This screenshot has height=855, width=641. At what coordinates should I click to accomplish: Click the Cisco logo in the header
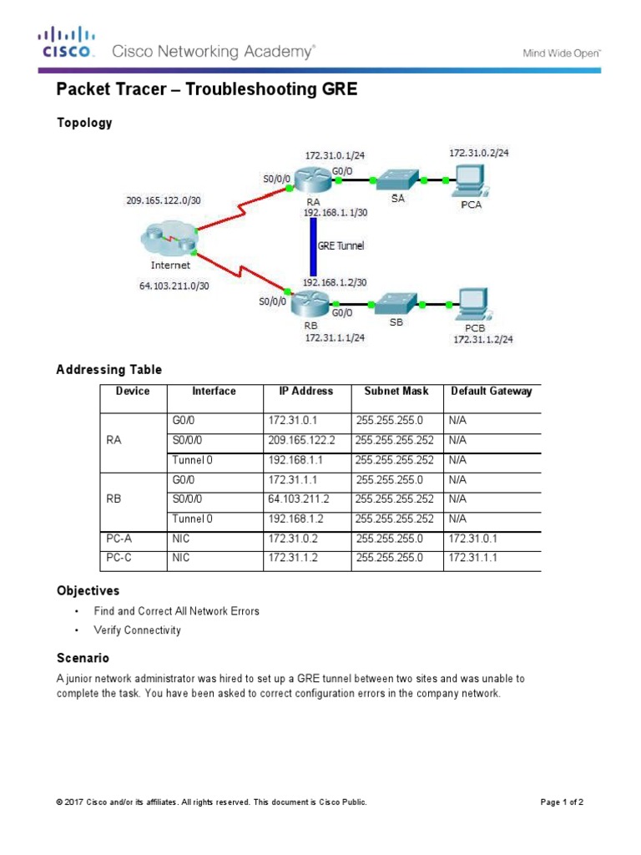(66, 43)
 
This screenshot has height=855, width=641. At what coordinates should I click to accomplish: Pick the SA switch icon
(397, 180)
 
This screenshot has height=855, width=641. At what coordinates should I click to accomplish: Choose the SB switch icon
(396, 303)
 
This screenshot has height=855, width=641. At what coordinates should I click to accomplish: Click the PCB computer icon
(469, 305)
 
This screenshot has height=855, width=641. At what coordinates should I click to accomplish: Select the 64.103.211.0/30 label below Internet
(174, 285)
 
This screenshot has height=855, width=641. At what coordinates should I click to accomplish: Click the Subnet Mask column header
(391, 391)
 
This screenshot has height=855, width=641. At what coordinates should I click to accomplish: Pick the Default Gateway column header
(491, 391)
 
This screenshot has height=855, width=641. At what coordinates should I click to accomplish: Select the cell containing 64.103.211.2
(300, 498)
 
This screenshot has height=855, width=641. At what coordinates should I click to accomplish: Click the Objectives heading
(88, 590)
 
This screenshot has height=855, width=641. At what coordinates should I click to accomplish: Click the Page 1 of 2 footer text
(562, 802)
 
